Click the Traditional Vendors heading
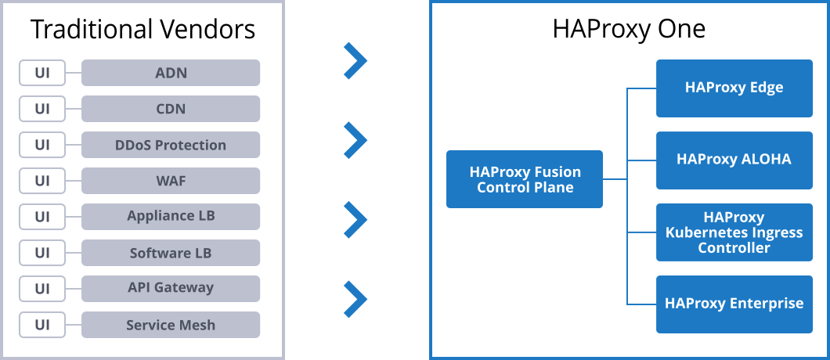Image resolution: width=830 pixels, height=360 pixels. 143,30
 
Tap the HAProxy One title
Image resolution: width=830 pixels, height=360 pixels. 629,30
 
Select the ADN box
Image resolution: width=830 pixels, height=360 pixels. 171,73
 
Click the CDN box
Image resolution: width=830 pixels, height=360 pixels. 171,109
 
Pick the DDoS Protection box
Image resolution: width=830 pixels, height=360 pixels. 171,145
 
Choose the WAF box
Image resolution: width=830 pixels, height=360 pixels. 171,181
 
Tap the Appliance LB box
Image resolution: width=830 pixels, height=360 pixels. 171,217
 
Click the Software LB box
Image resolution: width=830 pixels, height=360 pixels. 171,253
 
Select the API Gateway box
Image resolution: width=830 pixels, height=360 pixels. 171,289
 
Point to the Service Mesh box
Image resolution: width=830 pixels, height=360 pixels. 171,325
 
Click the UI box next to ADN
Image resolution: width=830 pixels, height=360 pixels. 42,73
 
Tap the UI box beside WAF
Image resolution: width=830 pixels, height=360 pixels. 42,181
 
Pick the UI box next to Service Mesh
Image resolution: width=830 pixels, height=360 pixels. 42,325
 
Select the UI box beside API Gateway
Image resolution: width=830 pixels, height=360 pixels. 42,289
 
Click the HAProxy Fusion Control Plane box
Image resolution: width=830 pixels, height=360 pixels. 525,179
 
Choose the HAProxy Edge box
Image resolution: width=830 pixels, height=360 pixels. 734,88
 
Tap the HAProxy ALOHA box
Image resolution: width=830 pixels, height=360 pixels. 734,160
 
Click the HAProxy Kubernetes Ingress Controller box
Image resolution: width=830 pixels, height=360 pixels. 734,232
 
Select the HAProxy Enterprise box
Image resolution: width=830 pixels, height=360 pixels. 734,304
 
